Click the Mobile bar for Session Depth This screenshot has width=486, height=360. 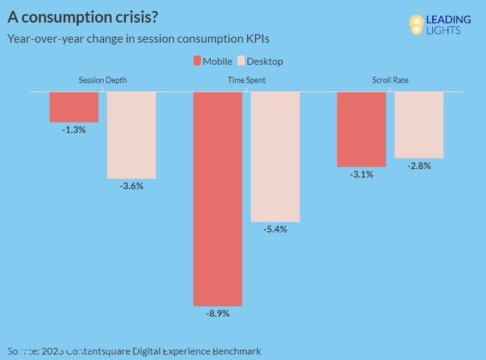click(x=74, y=107)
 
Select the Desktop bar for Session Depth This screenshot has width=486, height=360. click(x=131, y=135)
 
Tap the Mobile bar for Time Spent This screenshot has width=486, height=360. click(x=218, y=198)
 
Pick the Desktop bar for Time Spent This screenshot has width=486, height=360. click(x=275, y=157)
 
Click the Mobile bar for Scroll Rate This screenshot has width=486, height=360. click(x=361, y=129)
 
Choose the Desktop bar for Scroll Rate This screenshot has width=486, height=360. click(x=419, y=124)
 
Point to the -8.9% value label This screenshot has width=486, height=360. click(x=218, y=314)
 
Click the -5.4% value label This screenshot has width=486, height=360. click(x=275, y=229)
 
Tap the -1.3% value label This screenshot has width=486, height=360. click(x=74, y=130)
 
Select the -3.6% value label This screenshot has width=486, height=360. click(x=131, y=186)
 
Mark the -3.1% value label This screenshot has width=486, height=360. click(x=361, y=175)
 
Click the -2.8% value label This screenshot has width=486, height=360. click(x=419, y=166)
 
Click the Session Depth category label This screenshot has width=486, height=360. click(x=103, y=80)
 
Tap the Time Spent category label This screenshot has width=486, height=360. click(x=247, y=80)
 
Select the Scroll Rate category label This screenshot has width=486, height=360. click(x=390, y=80)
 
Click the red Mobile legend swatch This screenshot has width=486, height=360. click(x=197, y=61)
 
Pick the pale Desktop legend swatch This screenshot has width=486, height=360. click(x=241, y=61)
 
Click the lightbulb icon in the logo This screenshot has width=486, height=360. click(x=416, y=24)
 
